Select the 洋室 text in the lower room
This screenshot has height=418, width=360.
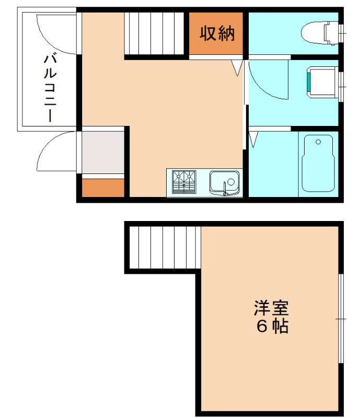[271, 307]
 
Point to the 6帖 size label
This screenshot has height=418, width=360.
[272, 327]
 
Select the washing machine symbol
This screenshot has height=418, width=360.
[322, 83]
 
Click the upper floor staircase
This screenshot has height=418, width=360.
[156, 32]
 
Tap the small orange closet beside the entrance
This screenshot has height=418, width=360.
[103, 188]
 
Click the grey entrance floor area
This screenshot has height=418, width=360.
[103, 152]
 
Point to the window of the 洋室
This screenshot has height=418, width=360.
[341, 318]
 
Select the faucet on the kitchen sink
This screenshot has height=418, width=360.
[226, 188]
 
